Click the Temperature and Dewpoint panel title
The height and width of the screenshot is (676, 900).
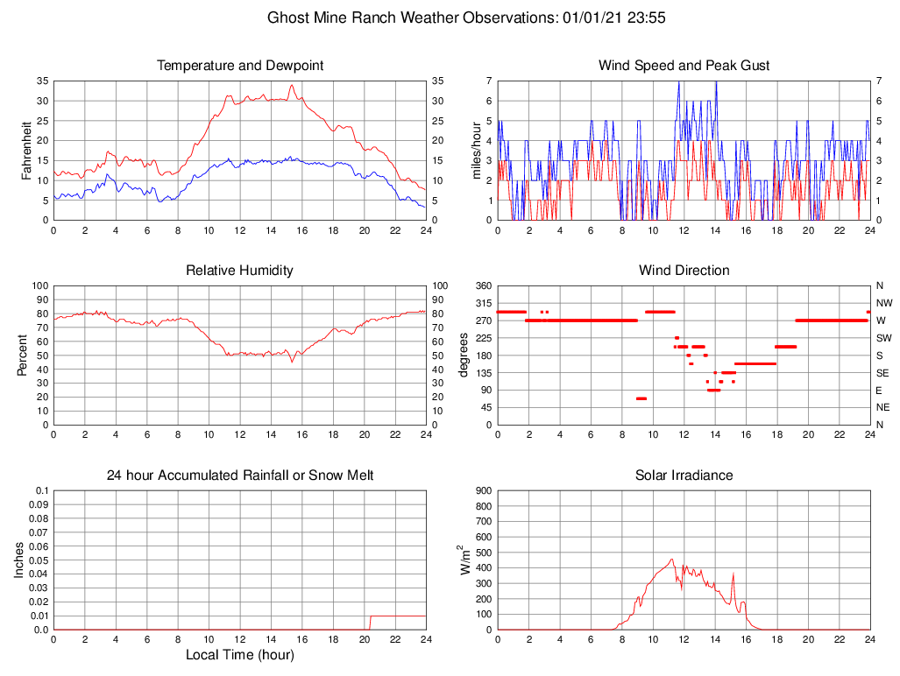(x=240, y=66)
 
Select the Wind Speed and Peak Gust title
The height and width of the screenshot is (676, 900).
(x=684, y=66)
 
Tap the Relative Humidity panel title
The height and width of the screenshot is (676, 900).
(x=240, y=271)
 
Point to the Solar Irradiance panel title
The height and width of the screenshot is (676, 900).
(x=684, y=475)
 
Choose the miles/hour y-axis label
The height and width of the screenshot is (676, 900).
(x=477, y=150)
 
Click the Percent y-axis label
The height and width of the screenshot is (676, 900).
(x=23, y=355)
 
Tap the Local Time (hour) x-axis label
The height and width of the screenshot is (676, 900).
(x=240, y=655)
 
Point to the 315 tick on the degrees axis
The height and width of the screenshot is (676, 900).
(x=483, y=303)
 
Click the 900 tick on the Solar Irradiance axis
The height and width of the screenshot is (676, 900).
(x=483, y=491)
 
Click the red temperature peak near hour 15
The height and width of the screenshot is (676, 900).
(x=292, y=86)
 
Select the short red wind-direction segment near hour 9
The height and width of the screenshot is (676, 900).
(x=641, y=398)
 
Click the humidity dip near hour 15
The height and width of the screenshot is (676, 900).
(x=292, y=361)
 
